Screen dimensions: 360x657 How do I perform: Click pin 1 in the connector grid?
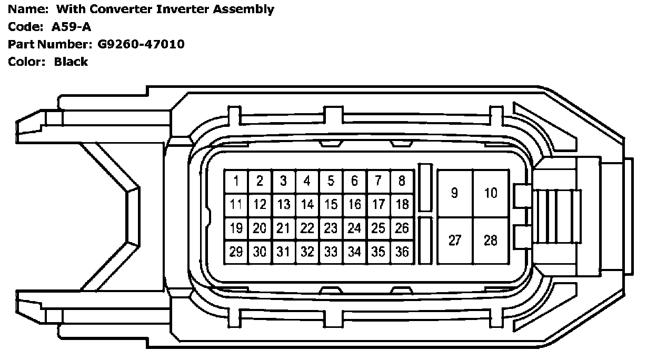pyautogui.click(x=236, y=182)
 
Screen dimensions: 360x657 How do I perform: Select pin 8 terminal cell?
pyautogui.click(x=402, y=182)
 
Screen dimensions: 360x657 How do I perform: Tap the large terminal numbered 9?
pyautogui.click(x=455, y=193)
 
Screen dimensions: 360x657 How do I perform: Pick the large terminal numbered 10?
pyautogui.click(x=491, y=193)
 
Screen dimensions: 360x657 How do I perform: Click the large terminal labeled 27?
pyautogui.click(x=455, y=241)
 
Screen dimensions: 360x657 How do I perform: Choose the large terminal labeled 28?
pyautogui.click(x=491, y=241)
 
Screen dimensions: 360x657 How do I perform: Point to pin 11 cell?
pyautogui.click(x=236, y=205)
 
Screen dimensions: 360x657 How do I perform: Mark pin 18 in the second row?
pyautogui.click(x=402, y=205)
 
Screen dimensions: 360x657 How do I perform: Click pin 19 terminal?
pyautogui.click(x=236, y=228)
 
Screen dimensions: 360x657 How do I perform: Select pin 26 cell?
pyautogui.click(x=402, y=228)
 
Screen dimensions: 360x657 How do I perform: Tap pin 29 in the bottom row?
pyautogui.click(x=236, y=252)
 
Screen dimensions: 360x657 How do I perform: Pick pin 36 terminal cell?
pyautogui.click(x=402, y=252)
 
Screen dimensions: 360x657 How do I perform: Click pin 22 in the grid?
pyautogui.click(x=307, y=228)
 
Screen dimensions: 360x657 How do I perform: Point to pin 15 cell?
pyautogui.click(x=331, y=205)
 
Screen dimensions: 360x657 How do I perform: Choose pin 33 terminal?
pyautogui.click(x=331, y=252)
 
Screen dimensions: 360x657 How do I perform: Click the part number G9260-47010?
pyautogui.click(x=141, y=44)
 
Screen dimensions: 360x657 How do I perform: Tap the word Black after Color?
pyautogui.click(x=71, y=62)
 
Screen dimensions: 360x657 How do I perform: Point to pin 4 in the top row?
pyautogui.click(x=307, y=182)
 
